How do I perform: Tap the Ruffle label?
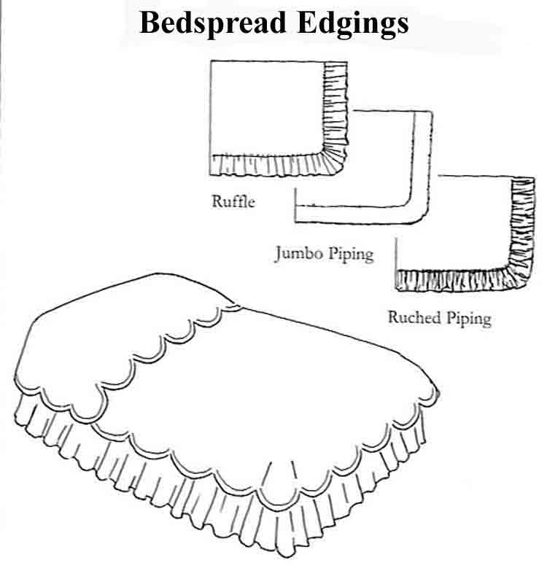[x=233, y=201]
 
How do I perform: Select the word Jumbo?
[x=297, y=254]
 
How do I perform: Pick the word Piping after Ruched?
[x=467, y=319]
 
